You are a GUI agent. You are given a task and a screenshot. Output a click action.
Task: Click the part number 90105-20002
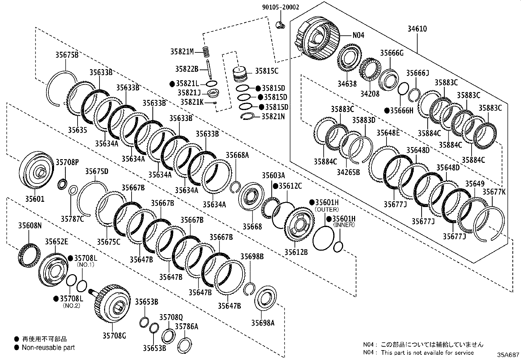pos(280,7)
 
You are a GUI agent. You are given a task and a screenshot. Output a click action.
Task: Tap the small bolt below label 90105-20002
pos(280,25)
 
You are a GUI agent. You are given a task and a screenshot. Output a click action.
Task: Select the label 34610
pos(417,29)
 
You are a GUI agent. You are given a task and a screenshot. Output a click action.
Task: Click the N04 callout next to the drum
pos(358,35)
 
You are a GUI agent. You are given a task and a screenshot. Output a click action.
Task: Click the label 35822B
pos(187,69)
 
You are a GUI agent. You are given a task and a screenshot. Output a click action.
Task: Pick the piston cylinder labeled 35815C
pos(240,74)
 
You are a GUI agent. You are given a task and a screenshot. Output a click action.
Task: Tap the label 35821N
pos(273,116)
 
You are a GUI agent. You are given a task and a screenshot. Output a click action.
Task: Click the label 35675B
pos(67,55)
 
